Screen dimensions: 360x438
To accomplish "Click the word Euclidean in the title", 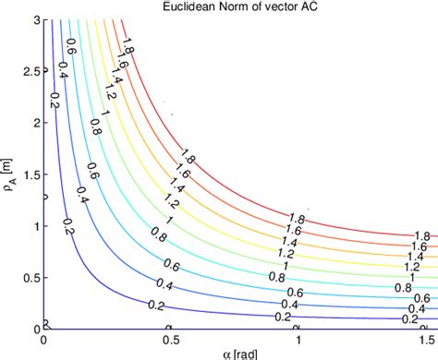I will tap(182, 7).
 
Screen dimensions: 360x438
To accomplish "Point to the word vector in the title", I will tap(275, 7).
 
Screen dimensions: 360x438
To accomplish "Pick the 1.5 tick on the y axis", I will tap(30, 174).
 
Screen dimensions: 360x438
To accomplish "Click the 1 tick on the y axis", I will tap(35, 226).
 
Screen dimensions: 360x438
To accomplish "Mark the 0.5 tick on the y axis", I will tap(30, 278).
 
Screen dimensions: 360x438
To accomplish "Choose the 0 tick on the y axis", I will tap(35, 329).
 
